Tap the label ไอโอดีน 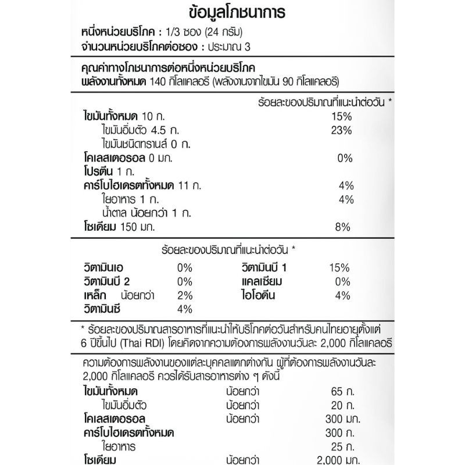[258, 295]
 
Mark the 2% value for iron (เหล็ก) [185, 295]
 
